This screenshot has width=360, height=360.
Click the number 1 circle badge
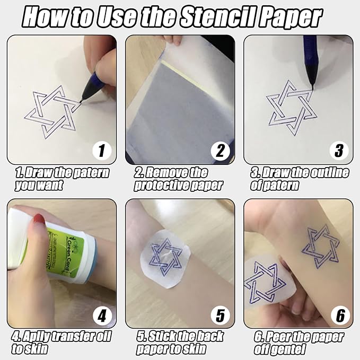[102, 151]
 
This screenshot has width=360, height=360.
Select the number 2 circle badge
[220, 151]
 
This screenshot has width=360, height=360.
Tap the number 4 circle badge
[102, 315]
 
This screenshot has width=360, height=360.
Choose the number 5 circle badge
[220, 315]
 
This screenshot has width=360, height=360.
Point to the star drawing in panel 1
[51, 111]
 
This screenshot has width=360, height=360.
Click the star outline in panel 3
[289, 108]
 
